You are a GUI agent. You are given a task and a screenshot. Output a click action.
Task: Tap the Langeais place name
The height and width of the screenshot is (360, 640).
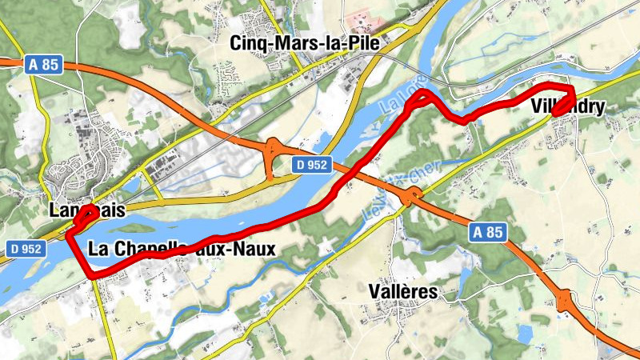click(87, 210)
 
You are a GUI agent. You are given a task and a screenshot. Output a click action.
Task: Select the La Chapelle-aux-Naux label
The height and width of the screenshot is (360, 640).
click(182, 249)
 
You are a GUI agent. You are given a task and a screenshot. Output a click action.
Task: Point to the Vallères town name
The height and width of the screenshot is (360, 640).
click(404, 292)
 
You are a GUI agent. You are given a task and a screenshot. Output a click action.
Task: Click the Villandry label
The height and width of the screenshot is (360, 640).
click(567, 107)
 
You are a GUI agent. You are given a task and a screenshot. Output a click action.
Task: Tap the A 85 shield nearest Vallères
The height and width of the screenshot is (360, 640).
click(487, 233)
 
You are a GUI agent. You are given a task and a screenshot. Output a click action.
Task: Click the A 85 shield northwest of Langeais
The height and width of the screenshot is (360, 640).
click(41, 65)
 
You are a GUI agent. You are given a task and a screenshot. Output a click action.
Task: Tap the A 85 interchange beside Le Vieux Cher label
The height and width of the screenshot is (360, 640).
click(414, 198)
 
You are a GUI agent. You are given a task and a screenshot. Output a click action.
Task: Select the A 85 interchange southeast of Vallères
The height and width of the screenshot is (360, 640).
click(570, 302)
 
